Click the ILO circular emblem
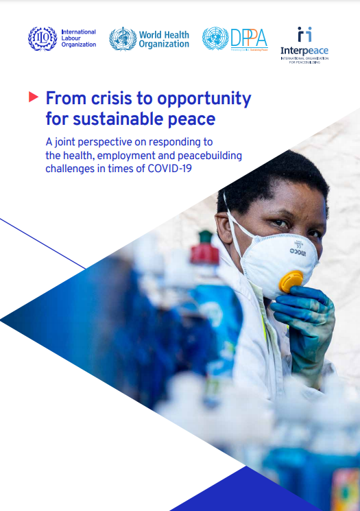(x=43, y=38)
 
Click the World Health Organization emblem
(x=123, y=38)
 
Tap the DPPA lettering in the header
(x=248, y=37)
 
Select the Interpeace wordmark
(x=304, y=50)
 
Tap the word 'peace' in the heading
(x=191, y=119)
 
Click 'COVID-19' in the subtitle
(x=168, y=169)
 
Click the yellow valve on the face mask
(x=291, y=282)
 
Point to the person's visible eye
(x=279, y=224)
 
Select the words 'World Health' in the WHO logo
(x=163, y=35)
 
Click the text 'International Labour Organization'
(x=78, y=38)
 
